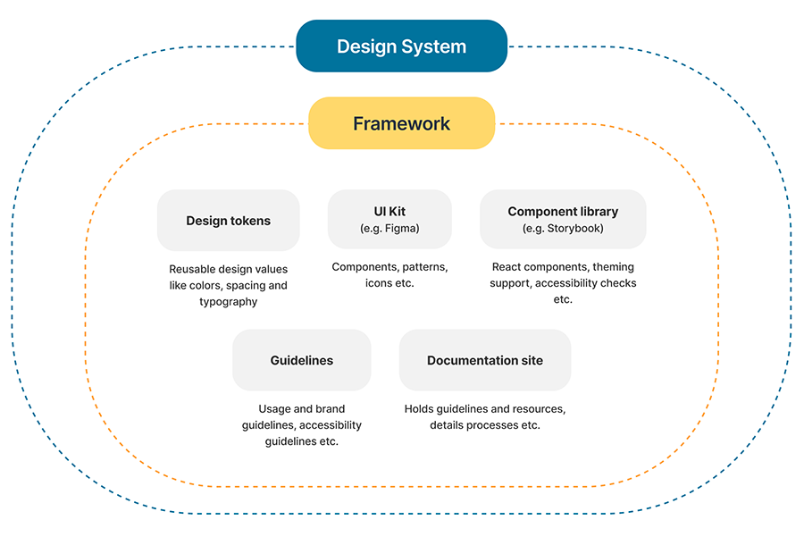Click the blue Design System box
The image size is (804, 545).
[x=401, y=46]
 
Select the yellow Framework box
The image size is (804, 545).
[x=401, y=123]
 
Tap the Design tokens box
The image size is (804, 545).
[x=228, y=221]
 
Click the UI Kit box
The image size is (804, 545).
[x=389, y=220]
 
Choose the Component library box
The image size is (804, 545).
[x=563, y=220]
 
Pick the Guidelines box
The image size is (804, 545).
[x=301, y=360]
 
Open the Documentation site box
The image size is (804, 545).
[x=484, y=360]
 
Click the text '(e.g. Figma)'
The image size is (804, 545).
[x=389, y=229]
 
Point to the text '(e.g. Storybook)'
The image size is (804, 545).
[x=563, y=229]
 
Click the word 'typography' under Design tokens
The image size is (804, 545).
[x=228, y=302]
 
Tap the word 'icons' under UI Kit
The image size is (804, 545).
[x=379, y=283]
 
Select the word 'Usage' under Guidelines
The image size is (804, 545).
[x=274, y=409]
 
